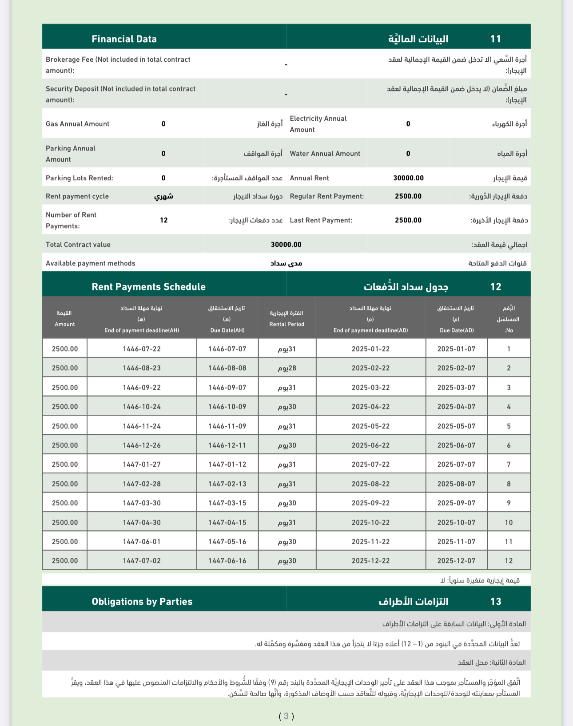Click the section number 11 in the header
[495, 39]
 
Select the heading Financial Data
[124, 39]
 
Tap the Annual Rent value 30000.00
[408, 178]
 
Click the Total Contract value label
[78, 245]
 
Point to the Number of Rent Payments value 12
[164, 220]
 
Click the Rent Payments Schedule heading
[148, 287]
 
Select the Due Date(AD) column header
[456, 330]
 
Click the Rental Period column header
[286, 324]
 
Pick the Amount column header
[65, 324]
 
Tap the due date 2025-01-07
[456, 349]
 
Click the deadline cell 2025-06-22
[370, 445]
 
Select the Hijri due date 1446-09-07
[227, 388]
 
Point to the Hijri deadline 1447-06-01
[142, 542]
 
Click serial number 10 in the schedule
[509, 523]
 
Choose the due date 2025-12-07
[456, 561]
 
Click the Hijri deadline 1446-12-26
[142, 445]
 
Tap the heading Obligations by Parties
[142, 602]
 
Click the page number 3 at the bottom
[286, 716]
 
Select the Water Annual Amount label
[325, 154]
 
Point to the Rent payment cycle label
[77, 196]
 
